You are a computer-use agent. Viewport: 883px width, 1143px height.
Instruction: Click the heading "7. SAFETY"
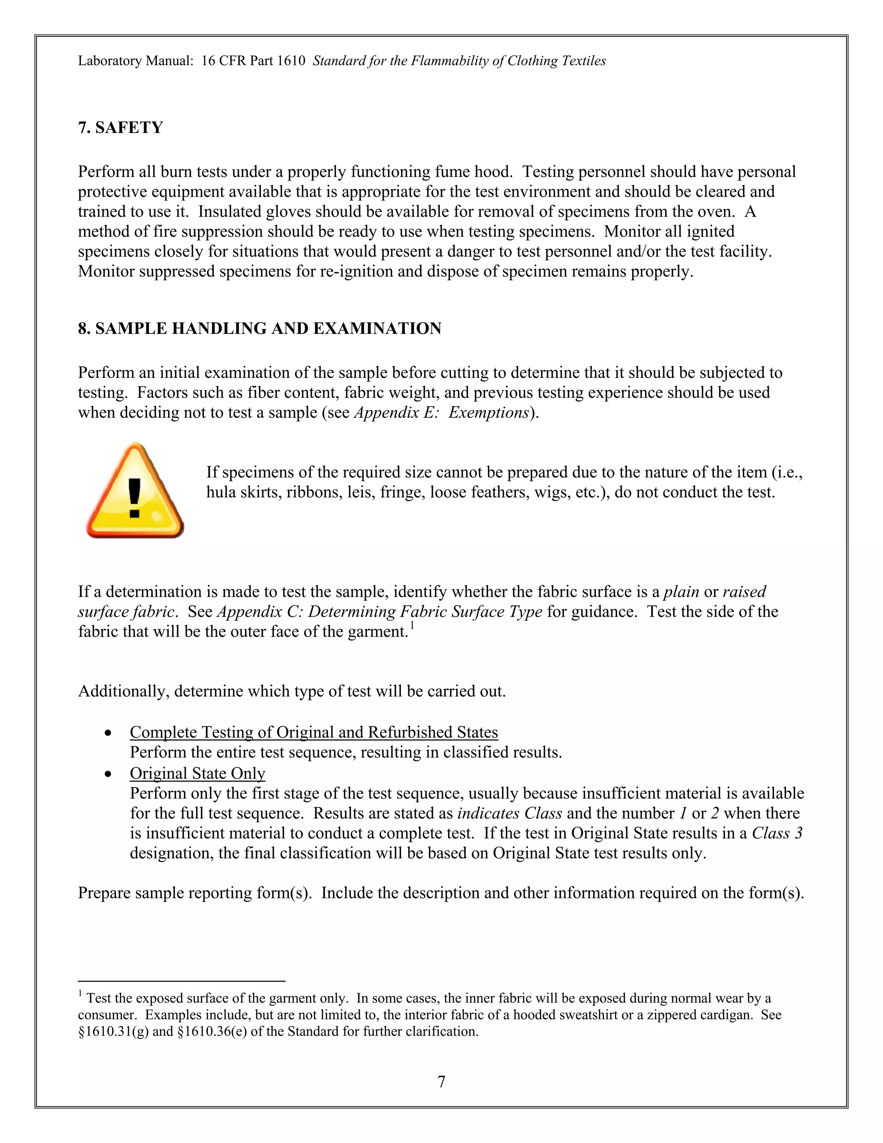[121, 128]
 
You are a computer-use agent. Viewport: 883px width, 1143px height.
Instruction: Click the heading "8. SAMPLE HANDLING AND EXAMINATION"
[260, 329]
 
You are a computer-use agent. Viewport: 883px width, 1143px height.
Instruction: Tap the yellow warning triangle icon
[135, 492]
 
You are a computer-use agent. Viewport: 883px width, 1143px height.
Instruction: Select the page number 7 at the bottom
[441, 1081]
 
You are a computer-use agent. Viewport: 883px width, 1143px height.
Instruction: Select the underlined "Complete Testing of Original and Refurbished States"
[314, 732]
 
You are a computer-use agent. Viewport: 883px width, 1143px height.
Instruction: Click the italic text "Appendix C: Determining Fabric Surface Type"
[380, 612]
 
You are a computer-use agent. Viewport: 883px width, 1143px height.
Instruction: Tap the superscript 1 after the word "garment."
[412, 626]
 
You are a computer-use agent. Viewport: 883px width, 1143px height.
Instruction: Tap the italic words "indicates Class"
[510, 813]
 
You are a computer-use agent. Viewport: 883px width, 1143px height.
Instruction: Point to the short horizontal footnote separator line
[181, 981]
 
